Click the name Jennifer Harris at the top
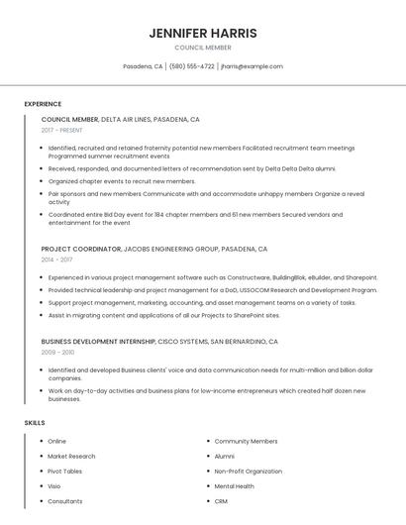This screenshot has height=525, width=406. click(x=203, y=33)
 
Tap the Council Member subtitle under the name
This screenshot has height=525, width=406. click(x=203, y=48)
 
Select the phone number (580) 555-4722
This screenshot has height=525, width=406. click(x=191, y=66)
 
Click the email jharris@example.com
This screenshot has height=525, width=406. click(x=252, y=66)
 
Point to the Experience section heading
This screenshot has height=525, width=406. click(x=43, y=104)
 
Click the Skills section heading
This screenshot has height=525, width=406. click(x=35, y=423)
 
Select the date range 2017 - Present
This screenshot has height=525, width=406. click(x=62, y=130)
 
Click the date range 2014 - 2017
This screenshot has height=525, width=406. click(x=56, y=260)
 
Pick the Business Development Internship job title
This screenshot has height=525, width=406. click(x=98, y=342)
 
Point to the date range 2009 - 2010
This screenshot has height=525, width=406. click(x=57, y=352)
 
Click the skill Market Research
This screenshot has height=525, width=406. click(x=71, y=456)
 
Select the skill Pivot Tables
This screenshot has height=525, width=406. click(x=64, y=472)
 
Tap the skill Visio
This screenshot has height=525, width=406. click(x=53, y=486)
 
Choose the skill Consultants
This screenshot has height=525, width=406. click(x=64, y=501)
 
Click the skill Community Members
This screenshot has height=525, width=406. click(x=246, y=441)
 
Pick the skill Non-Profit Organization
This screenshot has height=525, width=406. click(x=249, y=472)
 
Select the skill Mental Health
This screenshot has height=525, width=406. click(x=234, y=486)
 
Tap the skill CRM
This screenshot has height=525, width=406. click(x=221, y=501)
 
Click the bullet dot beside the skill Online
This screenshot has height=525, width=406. click(x=39, y=441)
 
